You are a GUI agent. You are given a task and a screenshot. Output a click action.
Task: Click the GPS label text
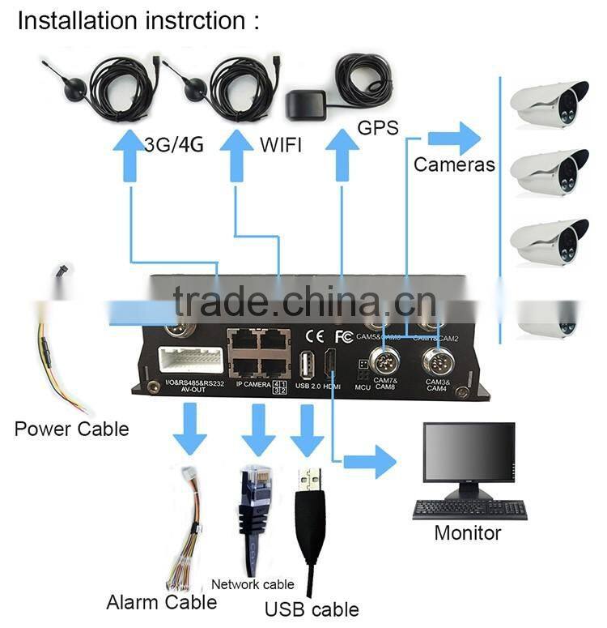click(378, 126)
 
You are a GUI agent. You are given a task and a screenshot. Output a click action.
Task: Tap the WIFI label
click(280, 145)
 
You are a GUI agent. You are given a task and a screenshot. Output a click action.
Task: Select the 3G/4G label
click(173, 145)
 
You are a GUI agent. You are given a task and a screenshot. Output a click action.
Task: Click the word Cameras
click(454, 164)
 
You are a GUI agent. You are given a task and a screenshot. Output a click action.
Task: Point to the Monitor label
click(468, 532)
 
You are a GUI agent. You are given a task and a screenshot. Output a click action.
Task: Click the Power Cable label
click(71, 429)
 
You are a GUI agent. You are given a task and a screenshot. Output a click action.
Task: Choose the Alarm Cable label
click(162, 602)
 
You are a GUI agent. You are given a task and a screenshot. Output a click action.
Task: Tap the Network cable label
click(253, 583)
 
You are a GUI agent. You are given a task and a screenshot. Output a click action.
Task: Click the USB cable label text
click(312, 609)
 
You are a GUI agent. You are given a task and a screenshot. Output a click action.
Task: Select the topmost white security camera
click(550, 103)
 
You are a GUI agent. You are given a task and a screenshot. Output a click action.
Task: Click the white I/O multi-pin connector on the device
click(191, 361)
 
